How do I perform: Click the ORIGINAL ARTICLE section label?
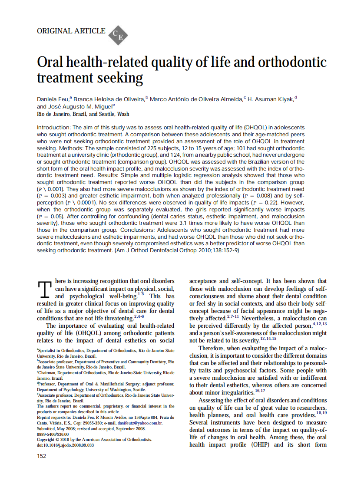71,31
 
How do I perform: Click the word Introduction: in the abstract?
54,128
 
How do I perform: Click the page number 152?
42,456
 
